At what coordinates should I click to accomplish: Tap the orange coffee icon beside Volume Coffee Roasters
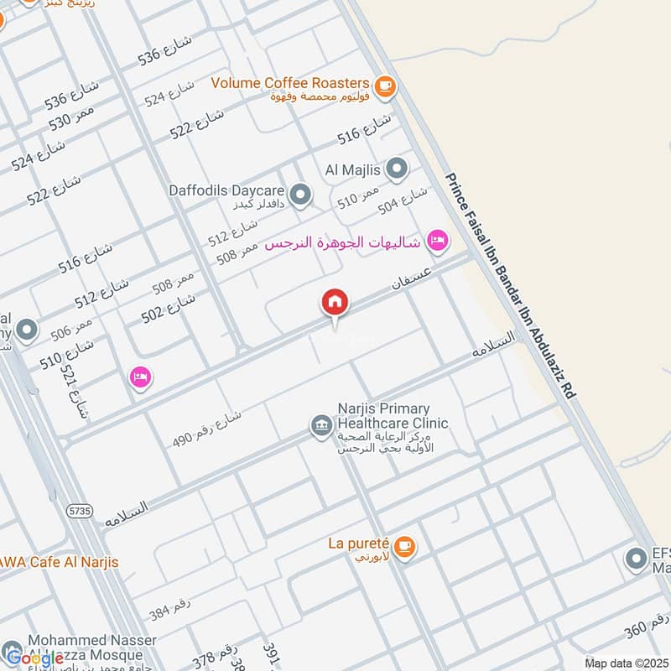385,84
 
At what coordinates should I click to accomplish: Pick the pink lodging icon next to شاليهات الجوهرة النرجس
437,242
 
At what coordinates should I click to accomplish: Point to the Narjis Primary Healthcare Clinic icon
320,426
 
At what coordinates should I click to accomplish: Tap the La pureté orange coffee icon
404,545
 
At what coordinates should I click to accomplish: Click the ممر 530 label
70,117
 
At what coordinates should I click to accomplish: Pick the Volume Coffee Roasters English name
290,83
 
